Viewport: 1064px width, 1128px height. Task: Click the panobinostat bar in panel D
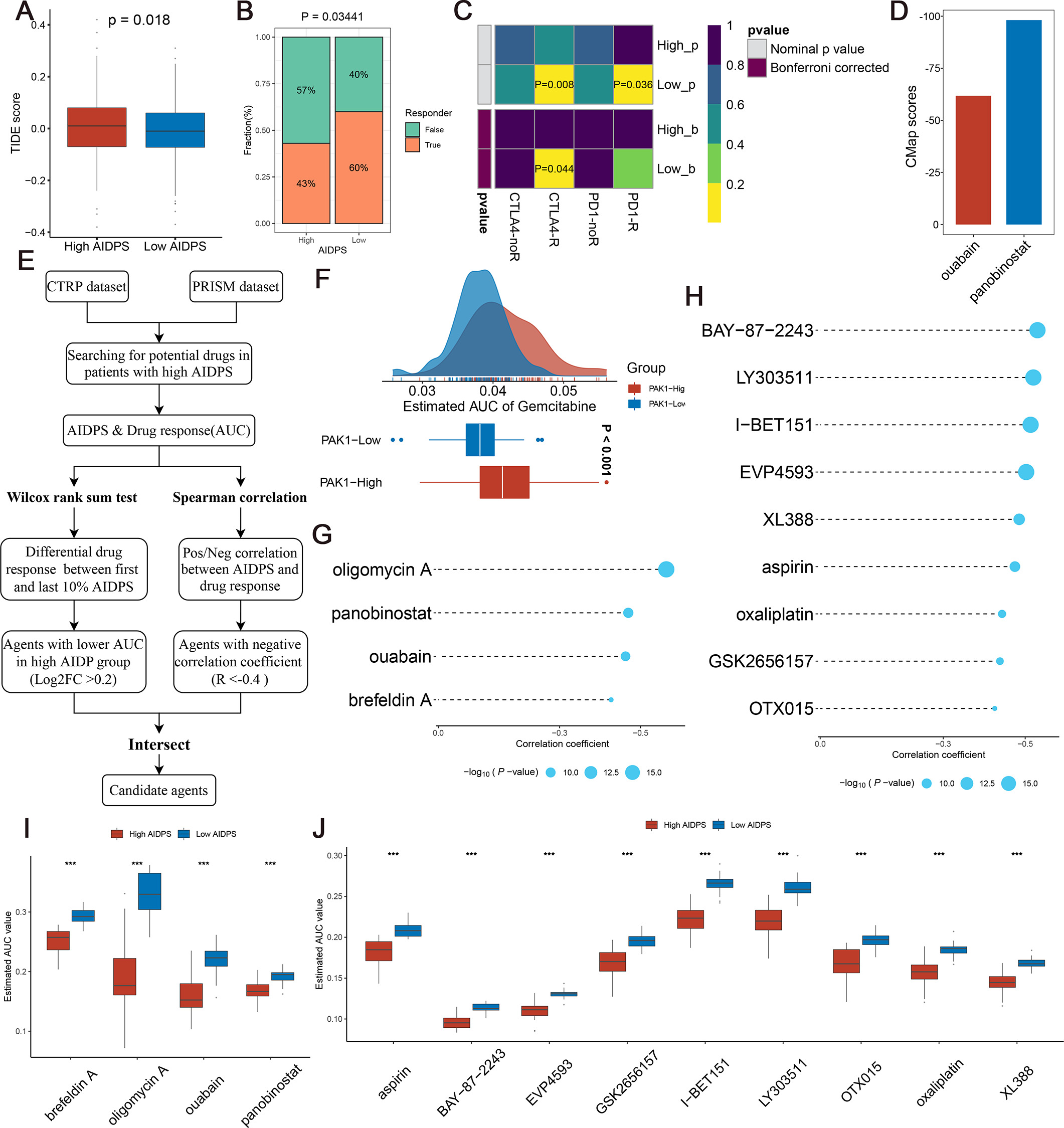(x=1023, y=122)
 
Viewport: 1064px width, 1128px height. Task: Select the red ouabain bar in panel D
(x=973, y=160)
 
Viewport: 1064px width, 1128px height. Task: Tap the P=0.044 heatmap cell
(x=553, y=168)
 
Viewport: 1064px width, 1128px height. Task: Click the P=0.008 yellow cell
(x=553, y=85)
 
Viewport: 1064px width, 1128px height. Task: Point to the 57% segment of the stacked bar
(x=306, y=90)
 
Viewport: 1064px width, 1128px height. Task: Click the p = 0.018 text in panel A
(x=139, y=21)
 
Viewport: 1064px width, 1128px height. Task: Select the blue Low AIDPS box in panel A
(x=175, y=130)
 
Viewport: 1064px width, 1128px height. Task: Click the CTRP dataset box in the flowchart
(x=87, y=287)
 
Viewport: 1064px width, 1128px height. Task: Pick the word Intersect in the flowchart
(x=159, y=744)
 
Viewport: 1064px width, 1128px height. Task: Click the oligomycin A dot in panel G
(x=666, y=569)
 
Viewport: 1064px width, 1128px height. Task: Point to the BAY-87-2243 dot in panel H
(x=1037, y=330)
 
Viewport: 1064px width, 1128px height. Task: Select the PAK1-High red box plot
(x=504, y=482)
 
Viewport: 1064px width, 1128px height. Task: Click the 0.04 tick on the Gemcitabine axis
(x=492, y=391)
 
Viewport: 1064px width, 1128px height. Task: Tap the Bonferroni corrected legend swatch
(x=757, y=68)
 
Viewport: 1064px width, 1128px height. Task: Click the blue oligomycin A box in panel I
(x=150, y=891)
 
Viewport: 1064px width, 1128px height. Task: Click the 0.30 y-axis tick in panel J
(x=334, y=856)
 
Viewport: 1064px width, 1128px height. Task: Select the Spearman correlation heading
(x=240, y=498)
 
